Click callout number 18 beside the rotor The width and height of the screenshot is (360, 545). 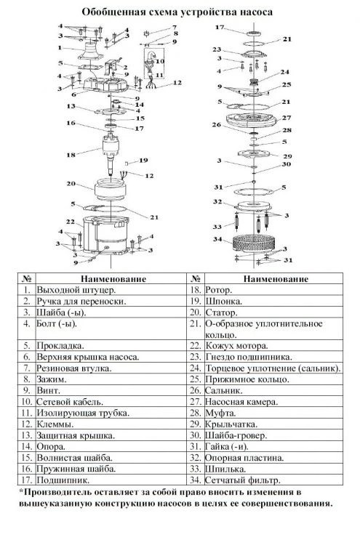pyautogui.click(x=71, y=155)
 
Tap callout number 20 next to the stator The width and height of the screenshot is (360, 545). pyautogui.click(x=71, y=183)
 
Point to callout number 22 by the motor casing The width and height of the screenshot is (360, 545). pyautogui.click(x=71, y=222)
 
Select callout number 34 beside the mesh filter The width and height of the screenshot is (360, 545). pyautogui.click(x=217, y=239)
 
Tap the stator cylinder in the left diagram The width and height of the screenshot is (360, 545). pyautogui.click(x=111, y=190)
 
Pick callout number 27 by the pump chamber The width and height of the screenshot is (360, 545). pyautogui.click(x=287, y=118)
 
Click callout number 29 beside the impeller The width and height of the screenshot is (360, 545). pyautogui.click(x=288, y=156)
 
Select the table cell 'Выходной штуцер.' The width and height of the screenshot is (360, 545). pyautogui.click(x=76, y=290)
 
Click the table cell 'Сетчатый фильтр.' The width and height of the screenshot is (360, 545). pyautogui.click(x=242, y=480)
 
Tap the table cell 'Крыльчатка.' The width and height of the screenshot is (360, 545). pyautogui.click(x=231, y=424)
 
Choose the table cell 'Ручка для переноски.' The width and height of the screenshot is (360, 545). pyautogui.click(x=81, y=302)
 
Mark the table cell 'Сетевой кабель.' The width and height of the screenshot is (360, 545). pyautogui.click(x=70, y=402)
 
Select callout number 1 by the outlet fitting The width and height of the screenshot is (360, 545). pyautogui.click(x=60, y=48)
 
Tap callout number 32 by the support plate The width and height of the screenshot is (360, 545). pyautogui.click(x=217, y=201)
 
